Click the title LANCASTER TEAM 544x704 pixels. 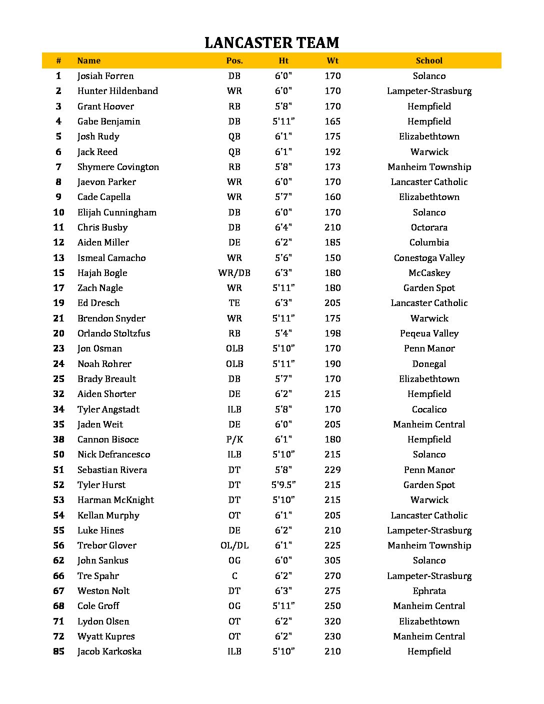(271, 42)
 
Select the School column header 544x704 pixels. (429, 60)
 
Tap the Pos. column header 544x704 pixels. (234, 60)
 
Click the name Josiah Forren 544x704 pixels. (105, 76)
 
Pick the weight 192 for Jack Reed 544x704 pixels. (332, 152)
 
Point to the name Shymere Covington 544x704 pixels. (118, 167)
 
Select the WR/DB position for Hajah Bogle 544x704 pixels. (234, 273)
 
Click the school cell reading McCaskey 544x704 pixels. (429, 273)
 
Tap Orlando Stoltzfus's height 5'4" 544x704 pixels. (283, 333)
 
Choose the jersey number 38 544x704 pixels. (58, 439)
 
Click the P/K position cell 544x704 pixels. (234, 439)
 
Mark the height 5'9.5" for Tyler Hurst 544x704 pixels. (283, 485)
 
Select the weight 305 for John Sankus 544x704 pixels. (332, 560)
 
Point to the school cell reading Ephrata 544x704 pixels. (429, 591)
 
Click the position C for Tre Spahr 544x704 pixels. (234, 576)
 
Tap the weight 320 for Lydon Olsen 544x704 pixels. (332, 621)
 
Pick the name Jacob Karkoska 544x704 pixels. (109, 651)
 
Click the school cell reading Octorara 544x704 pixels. (429, 227)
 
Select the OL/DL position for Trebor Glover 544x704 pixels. (234, 545)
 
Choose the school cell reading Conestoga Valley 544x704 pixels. (429, 258)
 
